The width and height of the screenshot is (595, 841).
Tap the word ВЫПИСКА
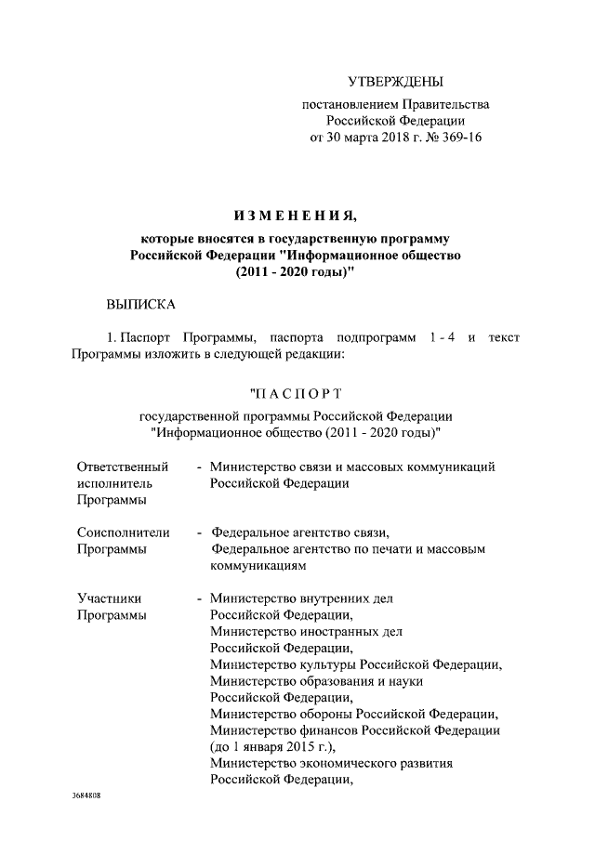click(x=139, y=303)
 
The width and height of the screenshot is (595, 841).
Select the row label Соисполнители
click(x=123, y=532)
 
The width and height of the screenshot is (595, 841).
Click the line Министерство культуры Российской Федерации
click(x=355, y=664)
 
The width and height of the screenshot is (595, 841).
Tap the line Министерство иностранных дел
click(x=306, y=631)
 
